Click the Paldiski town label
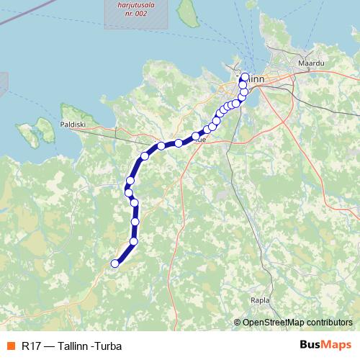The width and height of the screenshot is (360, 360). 73,124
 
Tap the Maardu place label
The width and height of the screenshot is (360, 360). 312,64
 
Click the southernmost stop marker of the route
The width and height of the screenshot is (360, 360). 114,264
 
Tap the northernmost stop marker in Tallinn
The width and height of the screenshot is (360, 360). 245,76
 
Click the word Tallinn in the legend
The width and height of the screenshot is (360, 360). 73,346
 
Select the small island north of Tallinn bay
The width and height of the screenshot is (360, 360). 189,10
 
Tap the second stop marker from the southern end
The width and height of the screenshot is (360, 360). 134,241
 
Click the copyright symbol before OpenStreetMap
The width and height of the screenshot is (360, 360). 238,323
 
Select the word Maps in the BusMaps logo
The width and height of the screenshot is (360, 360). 336,345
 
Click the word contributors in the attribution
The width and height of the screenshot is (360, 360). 328,323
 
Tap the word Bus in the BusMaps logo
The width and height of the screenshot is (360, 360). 310,345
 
